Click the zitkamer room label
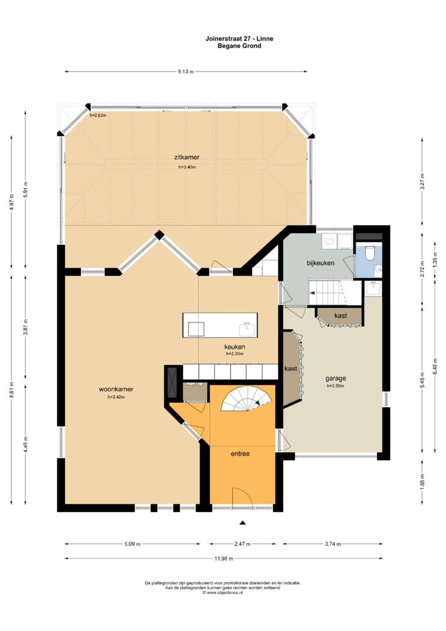coord(187,157)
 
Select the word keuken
coord(234,347)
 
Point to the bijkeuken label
coord(320,263)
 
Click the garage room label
coord(335,379)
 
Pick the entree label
coord(240,454)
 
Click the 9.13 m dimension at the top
coord(186,71)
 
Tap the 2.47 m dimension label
coord(242,544)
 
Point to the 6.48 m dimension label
coord(435,366)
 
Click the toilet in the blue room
coord(369,253)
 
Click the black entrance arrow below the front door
coord(243,523)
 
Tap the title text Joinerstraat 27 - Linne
coord(239,39)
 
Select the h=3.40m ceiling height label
coord(187,167)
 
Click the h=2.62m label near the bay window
coord(98,115)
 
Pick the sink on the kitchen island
coord(247,330)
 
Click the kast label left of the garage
coord(290,369)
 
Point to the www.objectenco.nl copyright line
coord(223,594)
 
